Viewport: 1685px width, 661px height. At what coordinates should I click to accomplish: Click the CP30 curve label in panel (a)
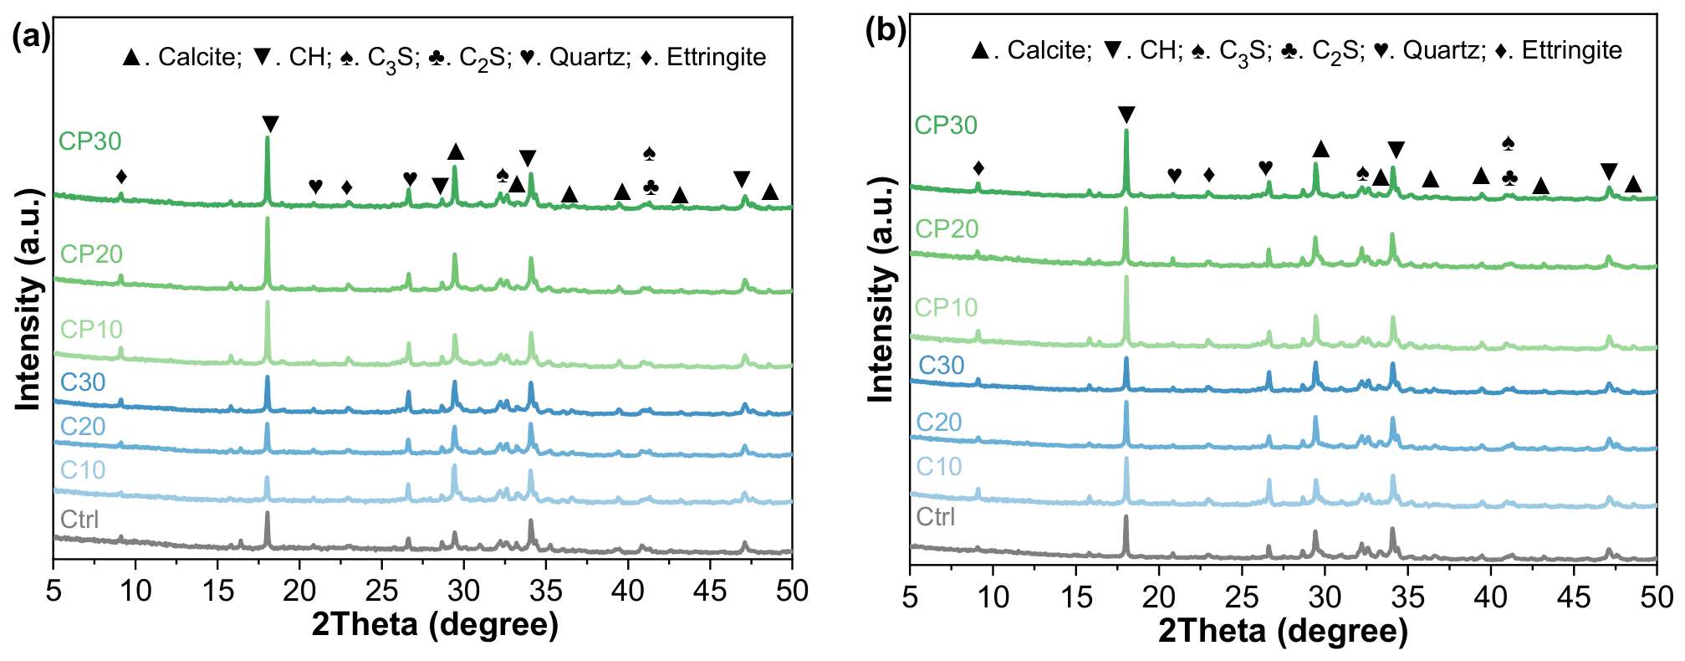tap(89, 141)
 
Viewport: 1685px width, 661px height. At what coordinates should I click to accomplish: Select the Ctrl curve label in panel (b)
tap(935, 516)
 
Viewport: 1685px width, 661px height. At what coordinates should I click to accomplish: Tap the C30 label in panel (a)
tap(83, 382)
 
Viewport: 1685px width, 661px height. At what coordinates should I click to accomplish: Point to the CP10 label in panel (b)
tap(946, 307)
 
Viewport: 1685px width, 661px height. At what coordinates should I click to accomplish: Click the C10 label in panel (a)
tap(83, 469)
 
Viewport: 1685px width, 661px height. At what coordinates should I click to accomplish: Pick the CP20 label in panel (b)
tap(946, 228)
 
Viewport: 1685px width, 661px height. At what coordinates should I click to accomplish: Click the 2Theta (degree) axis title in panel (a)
tap(435, 624)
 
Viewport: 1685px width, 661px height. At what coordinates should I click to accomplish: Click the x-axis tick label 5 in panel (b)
tap(910, 597)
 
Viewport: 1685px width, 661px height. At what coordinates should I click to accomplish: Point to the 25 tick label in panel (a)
tap(381, 591)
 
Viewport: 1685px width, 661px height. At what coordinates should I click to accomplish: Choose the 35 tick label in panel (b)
tap(1407, 597)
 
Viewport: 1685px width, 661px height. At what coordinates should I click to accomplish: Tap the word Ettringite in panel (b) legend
tap(1571, 50)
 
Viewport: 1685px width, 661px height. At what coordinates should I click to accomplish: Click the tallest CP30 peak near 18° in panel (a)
tap(268, 138)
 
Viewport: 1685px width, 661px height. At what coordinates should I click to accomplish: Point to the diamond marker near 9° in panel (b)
tap(978, 169)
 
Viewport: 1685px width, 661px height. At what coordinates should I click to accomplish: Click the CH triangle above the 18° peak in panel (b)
tap(1126, 115)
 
